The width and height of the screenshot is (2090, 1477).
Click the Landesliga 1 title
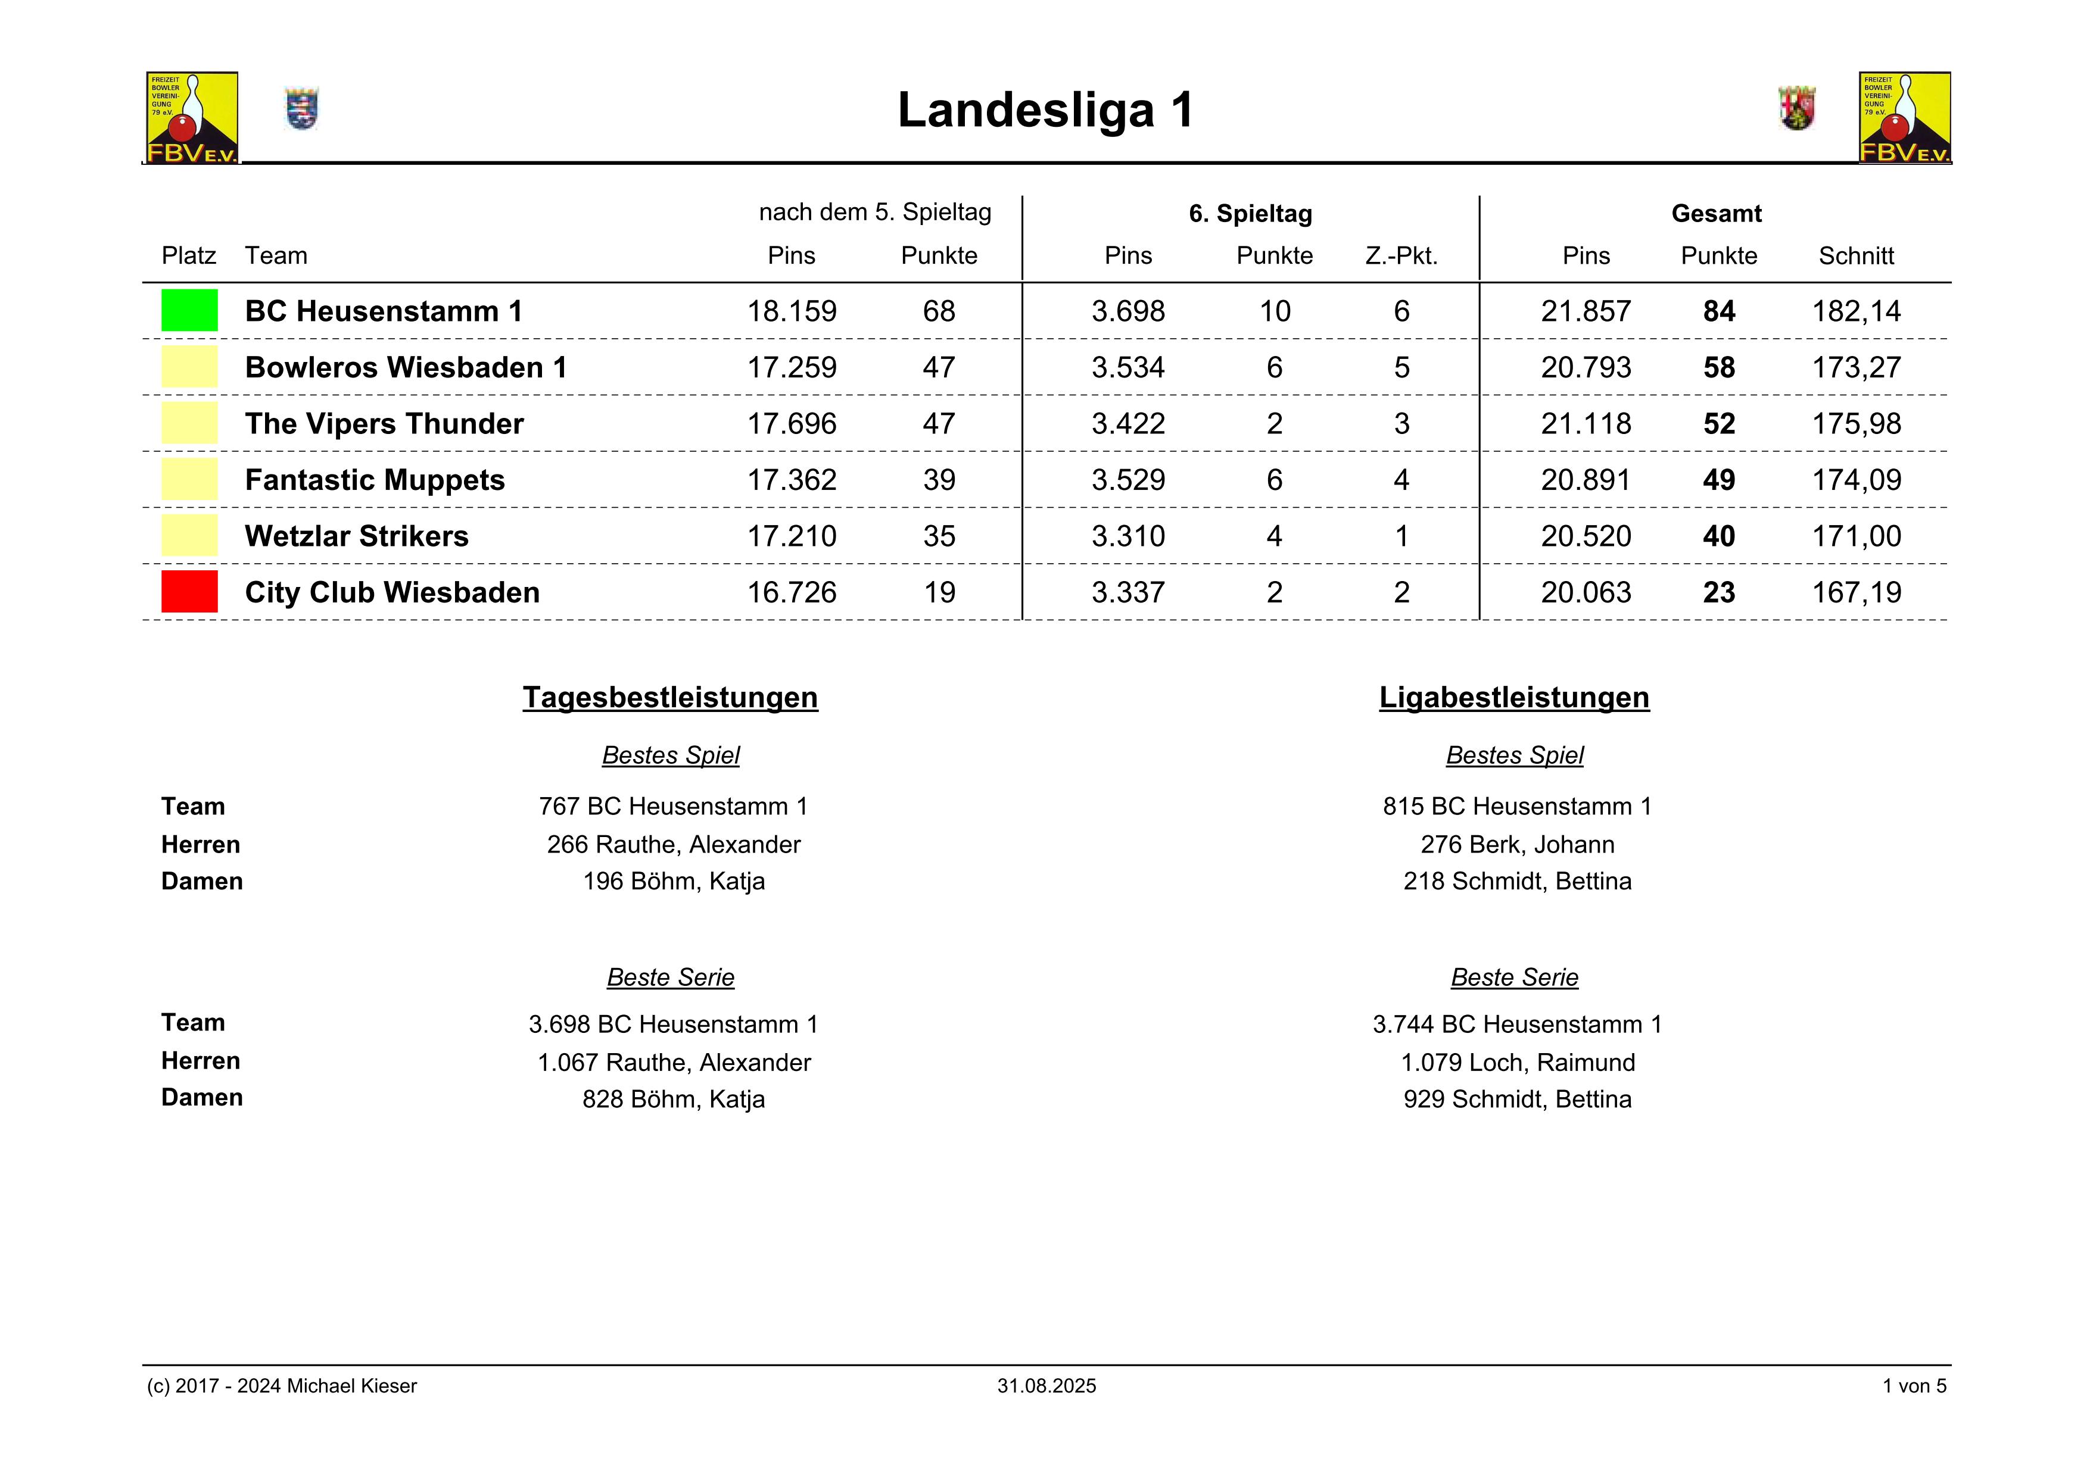tap(1045, 110)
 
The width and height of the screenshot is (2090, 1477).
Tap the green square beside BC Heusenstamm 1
tap(189, 310)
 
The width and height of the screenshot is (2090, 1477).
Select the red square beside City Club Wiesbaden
tap(189, 592)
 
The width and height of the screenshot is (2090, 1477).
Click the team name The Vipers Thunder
tap(384, 424)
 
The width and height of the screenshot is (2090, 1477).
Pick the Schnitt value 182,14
tap(1856, 311)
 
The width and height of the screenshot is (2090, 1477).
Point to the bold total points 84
tap(1718, 311)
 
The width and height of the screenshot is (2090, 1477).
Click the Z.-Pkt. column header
tap(1401, 256)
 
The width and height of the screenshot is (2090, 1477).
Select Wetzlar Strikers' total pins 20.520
tap(1586, 536)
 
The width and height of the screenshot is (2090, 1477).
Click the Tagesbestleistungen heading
tap(670, 697)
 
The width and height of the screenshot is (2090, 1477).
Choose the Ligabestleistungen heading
tap(1514, 697)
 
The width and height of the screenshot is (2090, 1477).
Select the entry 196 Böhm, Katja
tap(674, 881)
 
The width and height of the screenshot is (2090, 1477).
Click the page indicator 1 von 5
tap(1914, 1386)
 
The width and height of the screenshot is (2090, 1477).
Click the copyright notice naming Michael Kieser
tap(282, 1386)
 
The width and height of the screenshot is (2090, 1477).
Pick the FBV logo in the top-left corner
tap(192, 117)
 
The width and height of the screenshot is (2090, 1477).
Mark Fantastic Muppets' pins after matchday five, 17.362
tap(791, 480)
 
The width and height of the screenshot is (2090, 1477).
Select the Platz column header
tap(188, 256)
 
